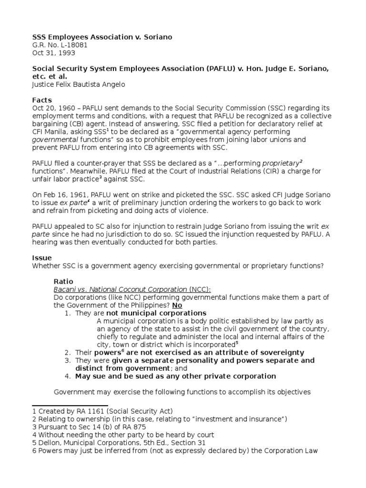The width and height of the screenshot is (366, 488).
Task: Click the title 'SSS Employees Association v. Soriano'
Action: (x=102, y=37)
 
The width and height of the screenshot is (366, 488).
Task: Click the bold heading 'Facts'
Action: (x=41, y=101)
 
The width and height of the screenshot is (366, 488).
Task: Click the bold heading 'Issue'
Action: (x=41, y=257)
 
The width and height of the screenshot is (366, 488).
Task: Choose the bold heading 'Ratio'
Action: (x=63, y=281)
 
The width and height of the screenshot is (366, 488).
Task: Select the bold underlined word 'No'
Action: (x=177, y=305)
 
